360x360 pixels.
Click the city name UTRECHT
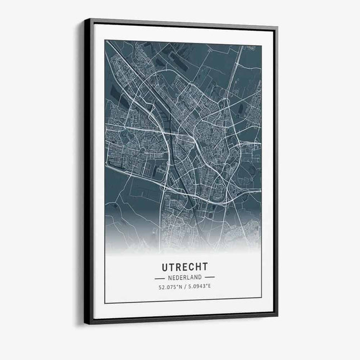[x=184, y=267]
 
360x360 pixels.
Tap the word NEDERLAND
[x=184, y=277]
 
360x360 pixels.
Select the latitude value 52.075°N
[x=170, y=287]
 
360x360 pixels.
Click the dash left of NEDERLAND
[x=160, y=277]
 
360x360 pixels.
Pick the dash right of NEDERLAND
[x=209, y=277]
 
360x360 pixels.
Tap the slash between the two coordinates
[x=185, y=287]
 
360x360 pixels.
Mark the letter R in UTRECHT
[x=177, y=267]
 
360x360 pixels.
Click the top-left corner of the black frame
[x=85, y=19]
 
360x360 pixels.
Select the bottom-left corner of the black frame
[x=85, y=324]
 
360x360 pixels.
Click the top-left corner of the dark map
[x=105, y=40]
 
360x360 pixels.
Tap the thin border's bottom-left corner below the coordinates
[x=105, y=303]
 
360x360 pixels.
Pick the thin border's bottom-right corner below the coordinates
[x=261, y=299]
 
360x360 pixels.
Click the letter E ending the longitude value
[x=209, y=287]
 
